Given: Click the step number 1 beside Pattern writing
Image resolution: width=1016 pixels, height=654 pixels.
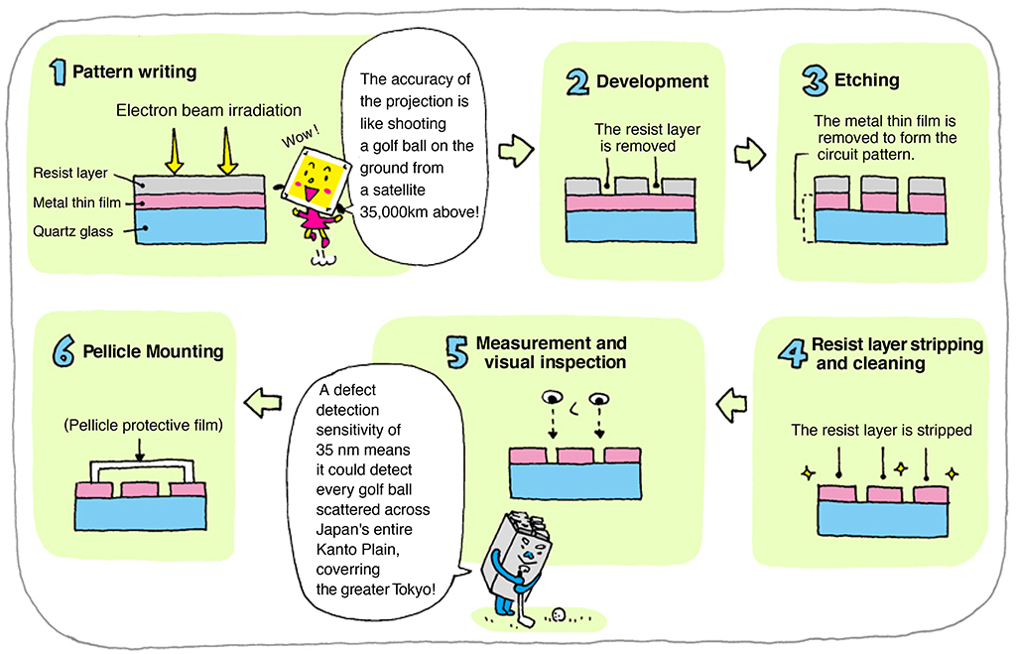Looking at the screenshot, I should [59, 71].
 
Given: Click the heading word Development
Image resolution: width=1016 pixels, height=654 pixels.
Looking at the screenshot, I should [652, 82].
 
